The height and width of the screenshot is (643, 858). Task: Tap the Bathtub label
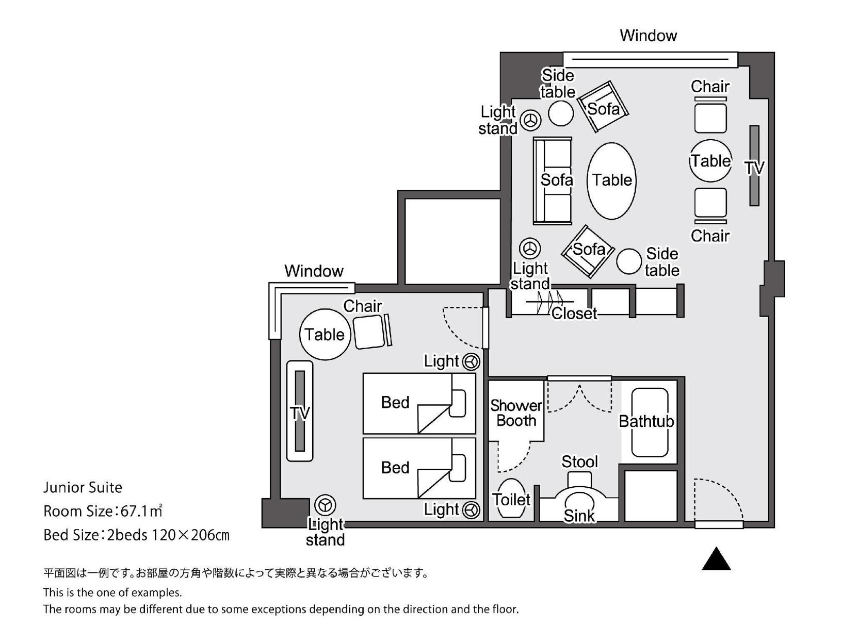point(646,421)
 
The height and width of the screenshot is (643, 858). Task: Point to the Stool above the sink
point(579,479)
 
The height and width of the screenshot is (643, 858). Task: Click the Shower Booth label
point(516,414)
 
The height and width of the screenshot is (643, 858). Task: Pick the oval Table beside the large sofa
point(612,181)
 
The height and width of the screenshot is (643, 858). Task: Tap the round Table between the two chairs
point(710,160)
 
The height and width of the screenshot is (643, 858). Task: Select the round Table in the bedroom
point(325,335)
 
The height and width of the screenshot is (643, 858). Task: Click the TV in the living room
point(754,166)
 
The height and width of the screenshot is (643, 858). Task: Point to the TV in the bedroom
point(300,411)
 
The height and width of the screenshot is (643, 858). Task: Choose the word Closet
point(574,314)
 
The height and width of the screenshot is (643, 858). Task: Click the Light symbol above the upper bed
point(471,362)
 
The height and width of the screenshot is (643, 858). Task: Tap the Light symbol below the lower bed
point(471,510)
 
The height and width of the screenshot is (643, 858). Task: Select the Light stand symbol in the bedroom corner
point(325,505)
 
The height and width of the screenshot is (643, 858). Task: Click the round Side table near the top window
point(561,113)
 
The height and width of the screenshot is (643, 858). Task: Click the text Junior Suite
point(83,487)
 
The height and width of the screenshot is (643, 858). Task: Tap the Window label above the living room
point(648,36)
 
